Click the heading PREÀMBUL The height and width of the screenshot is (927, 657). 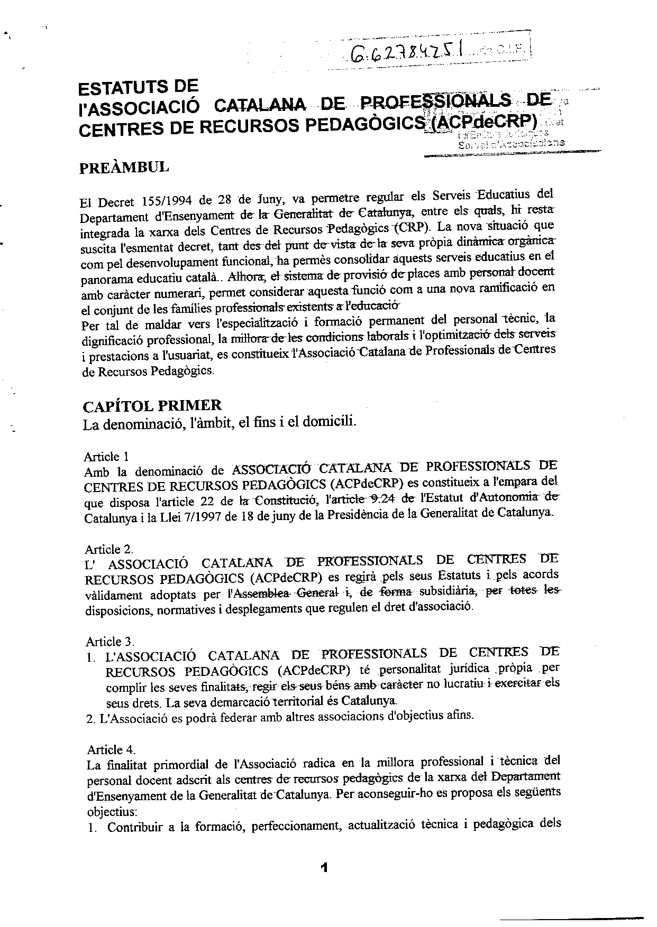(124, 168)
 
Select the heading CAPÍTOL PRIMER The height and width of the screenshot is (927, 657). (152, 406)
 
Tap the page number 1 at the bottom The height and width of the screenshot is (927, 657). (324, 867)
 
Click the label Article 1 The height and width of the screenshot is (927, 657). (106, 457)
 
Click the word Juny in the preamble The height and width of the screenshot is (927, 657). (272, 200)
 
